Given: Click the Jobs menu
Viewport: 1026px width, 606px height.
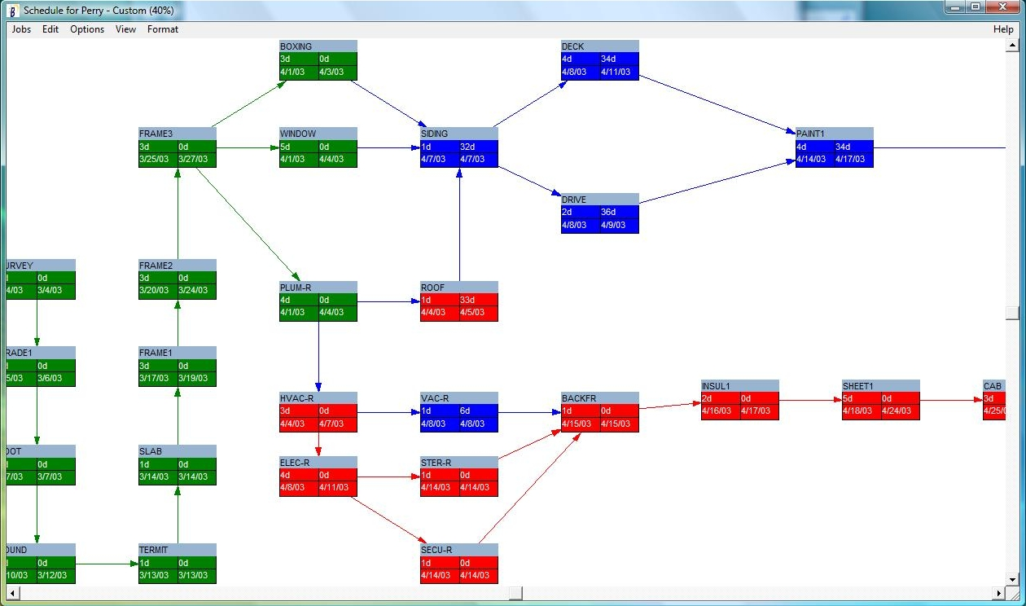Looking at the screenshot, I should [x=21, y=29].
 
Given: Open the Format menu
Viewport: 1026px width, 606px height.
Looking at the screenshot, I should [x=162, y=29].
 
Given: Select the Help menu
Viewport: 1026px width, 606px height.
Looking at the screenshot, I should [x=1003, y=29].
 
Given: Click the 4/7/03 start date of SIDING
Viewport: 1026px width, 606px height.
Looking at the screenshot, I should [x=433, y=160].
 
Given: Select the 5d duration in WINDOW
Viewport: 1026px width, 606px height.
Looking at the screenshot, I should [x=286, y=147].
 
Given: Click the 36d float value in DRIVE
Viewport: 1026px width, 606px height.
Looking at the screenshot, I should [x=608, y=213].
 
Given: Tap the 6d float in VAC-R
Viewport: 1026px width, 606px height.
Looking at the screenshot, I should [x=465, y=411].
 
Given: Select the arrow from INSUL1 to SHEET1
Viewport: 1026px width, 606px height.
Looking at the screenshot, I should [x=810, y=400].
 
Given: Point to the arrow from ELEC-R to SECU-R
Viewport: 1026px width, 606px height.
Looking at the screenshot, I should [x=388, y=519].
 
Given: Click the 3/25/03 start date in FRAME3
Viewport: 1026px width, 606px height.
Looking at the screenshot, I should [x=154, y=160].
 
